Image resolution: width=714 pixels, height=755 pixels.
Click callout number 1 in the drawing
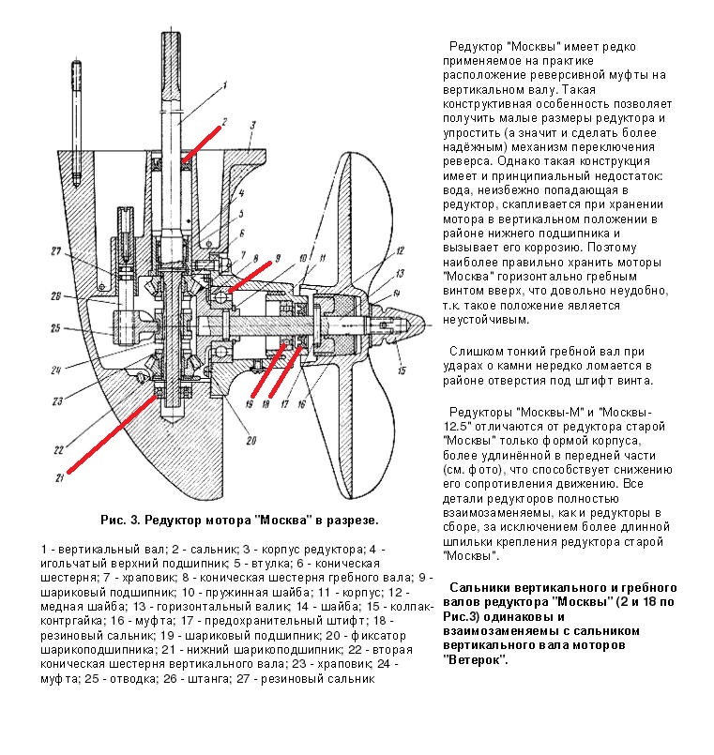(224, 87)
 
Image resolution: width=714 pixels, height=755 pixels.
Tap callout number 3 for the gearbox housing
(252, 126)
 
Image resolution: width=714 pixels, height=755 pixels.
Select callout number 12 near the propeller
(400, 250)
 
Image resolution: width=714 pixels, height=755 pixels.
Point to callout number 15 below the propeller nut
(402, 370)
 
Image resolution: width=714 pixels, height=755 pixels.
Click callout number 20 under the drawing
(251, 440)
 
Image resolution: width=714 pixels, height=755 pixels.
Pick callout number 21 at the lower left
(60, 478)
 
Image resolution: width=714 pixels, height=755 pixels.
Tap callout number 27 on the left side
(56, 250)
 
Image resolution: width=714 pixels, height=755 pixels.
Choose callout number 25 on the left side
(55, 328)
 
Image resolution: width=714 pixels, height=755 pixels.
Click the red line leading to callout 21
(113, 433)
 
